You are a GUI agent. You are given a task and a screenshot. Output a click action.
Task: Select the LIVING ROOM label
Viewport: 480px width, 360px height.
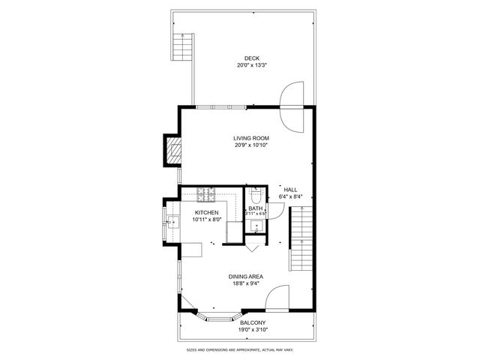pos(251,138)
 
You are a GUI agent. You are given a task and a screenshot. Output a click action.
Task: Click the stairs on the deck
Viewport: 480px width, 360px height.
pos(182,49)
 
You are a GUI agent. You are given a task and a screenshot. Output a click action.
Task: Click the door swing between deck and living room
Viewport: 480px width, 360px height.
pos(292,105)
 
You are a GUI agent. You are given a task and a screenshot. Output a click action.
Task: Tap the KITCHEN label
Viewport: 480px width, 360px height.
pos(206,213)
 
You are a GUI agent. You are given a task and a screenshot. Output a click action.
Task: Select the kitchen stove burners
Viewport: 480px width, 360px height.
pos(206,195)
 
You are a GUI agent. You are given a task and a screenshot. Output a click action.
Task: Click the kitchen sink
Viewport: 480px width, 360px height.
pos(172,220)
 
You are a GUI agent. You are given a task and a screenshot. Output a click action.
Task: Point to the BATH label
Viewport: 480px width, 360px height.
pos(256,208)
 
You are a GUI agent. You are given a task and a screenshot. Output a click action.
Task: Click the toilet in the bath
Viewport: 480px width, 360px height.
pos(256,197)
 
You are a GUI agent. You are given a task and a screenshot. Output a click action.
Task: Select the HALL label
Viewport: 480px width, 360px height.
pos(290,190)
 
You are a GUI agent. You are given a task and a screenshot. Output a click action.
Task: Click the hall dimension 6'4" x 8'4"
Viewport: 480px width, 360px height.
pos(290,196)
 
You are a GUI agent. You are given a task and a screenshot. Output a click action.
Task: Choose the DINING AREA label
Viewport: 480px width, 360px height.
pos(246,277)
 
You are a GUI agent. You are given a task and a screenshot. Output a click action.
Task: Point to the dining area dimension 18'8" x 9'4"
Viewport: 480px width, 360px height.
pos(246,283)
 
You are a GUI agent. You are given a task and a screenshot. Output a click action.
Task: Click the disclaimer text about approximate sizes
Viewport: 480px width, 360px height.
pos(240,349)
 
